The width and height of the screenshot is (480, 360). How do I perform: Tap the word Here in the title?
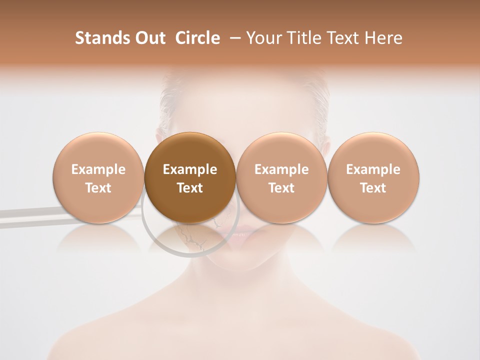(x=384, y=38)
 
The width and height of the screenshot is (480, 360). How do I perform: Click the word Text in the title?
(x=343, y=38)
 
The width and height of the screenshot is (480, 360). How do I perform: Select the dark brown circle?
(x=190, y=177)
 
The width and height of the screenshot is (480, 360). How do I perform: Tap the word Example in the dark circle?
(x=190, y=169)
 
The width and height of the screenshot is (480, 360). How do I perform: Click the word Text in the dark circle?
(x=190, y=188)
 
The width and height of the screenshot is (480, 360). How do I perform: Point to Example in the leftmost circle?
(x=98, y=169)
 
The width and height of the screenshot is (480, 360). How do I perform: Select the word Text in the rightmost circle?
(x=373, y=188)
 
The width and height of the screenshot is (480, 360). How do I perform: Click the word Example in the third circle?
(x=281, y=169)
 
